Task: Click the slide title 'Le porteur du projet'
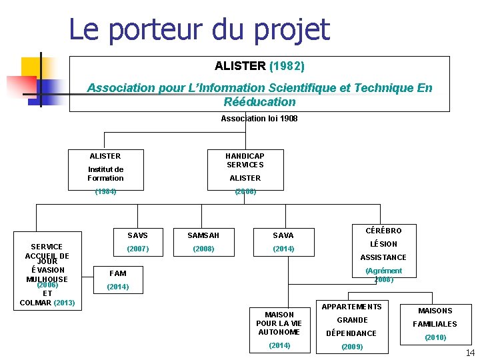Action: pyautogui.click(x=199, y=29)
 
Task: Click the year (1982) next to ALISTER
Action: pyautogui.click(x=287, y=66)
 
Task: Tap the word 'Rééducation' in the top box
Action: pyautogui.click(x=259, y=102)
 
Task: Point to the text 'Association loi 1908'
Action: pyautogui.click(x=259, y=119)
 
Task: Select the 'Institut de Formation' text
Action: pyautogui.click(x=105, y=173)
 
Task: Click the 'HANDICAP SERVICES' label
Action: pyautogui.click(x=245, y=160)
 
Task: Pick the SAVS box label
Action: pyautogui.click(x=137, y=235)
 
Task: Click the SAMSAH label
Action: pyautogui.click(x=203, y=235)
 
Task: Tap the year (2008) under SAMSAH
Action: pyautogui.click(x=203, y=249)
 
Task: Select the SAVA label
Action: pyautogui.click(x=283, y=235)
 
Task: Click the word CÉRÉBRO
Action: pyautogui.click(x=383, y=231)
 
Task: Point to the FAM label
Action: pyautogui.click(x=117, y=273)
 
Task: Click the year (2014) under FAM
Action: pyautogui.click(x=118, y=287)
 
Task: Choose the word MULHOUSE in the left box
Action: pyautogui.click(x=47, y=279)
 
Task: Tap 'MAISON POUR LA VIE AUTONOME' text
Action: pyautogui.click(x=279, y=323)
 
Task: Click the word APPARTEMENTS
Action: pyautogui.click(x=352, y=307)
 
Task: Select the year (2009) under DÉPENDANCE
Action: pyautogui.click(x=351, y=347)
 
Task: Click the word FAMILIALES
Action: pyautogui.click(x=435, y=324)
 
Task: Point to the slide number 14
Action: pyautogui.click(x=470, y=352)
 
